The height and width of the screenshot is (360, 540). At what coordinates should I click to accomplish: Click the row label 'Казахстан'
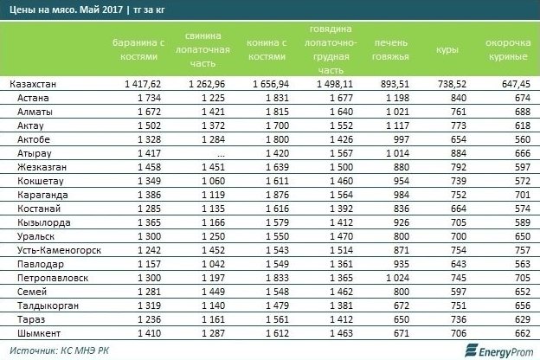click(34, 85)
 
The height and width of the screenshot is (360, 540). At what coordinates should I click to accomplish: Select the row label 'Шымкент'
click(41, 331)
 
